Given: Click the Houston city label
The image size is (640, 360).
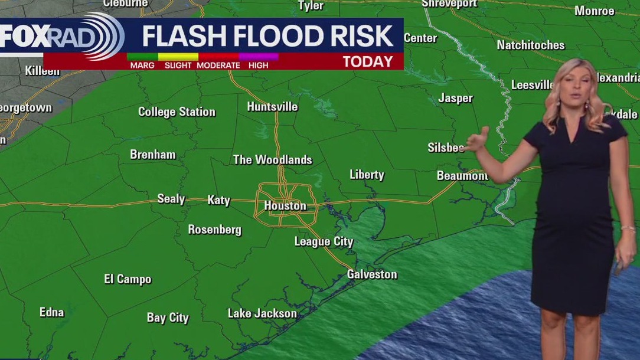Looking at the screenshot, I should point(285,206).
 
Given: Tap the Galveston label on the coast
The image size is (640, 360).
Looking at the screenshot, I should point(372,274).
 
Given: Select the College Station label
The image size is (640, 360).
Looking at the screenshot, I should point(177,112).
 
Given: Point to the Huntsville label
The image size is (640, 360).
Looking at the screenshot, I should point(272,107).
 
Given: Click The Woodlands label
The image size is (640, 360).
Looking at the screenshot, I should point(272,160).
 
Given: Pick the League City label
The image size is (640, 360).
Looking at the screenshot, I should point(324,241).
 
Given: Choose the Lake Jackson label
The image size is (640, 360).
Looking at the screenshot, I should point(262,313).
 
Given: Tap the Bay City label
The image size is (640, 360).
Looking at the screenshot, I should point(168,318).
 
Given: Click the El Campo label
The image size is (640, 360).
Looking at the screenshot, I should point(128,279).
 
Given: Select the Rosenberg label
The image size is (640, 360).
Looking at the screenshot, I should point(214,230).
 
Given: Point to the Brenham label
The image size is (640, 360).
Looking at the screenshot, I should point(153,155).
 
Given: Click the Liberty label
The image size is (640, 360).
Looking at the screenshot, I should point(367,175).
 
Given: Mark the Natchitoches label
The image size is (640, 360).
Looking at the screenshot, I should point(530,45).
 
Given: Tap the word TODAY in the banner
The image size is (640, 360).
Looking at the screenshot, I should point(367,61).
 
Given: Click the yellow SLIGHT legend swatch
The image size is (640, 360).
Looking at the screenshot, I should point(178,57).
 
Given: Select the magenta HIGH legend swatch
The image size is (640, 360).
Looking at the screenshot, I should point(258,57).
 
